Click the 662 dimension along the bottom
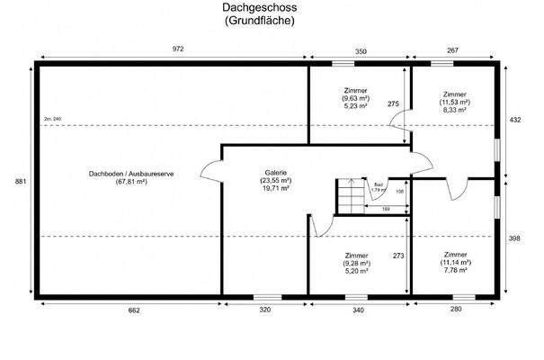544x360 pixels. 134,310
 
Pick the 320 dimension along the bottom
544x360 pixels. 265,310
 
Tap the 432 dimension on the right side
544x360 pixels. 515,118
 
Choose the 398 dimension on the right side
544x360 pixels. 515,239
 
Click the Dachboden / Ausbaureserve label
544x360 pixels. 130,178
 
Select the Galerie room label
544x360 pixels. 276,180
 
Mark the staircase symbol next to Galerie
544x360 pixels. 348,196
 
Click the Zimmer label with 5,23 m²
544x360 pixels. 357,98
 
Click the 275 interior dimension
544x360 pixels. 393,104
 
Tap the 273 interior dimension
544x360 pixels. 397,256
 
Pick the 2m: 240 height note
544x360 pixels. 51,119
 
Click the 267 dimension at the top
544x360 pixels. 454,50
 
